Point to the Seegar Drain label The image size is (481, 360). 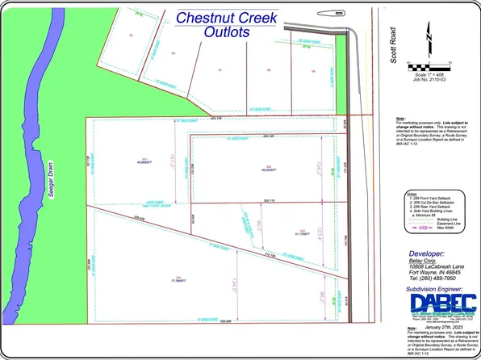[48, 185]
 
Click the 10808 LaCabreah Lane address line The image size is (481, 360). [428, 265]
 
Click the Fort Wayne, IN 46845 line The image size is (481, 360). [428, 271]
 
